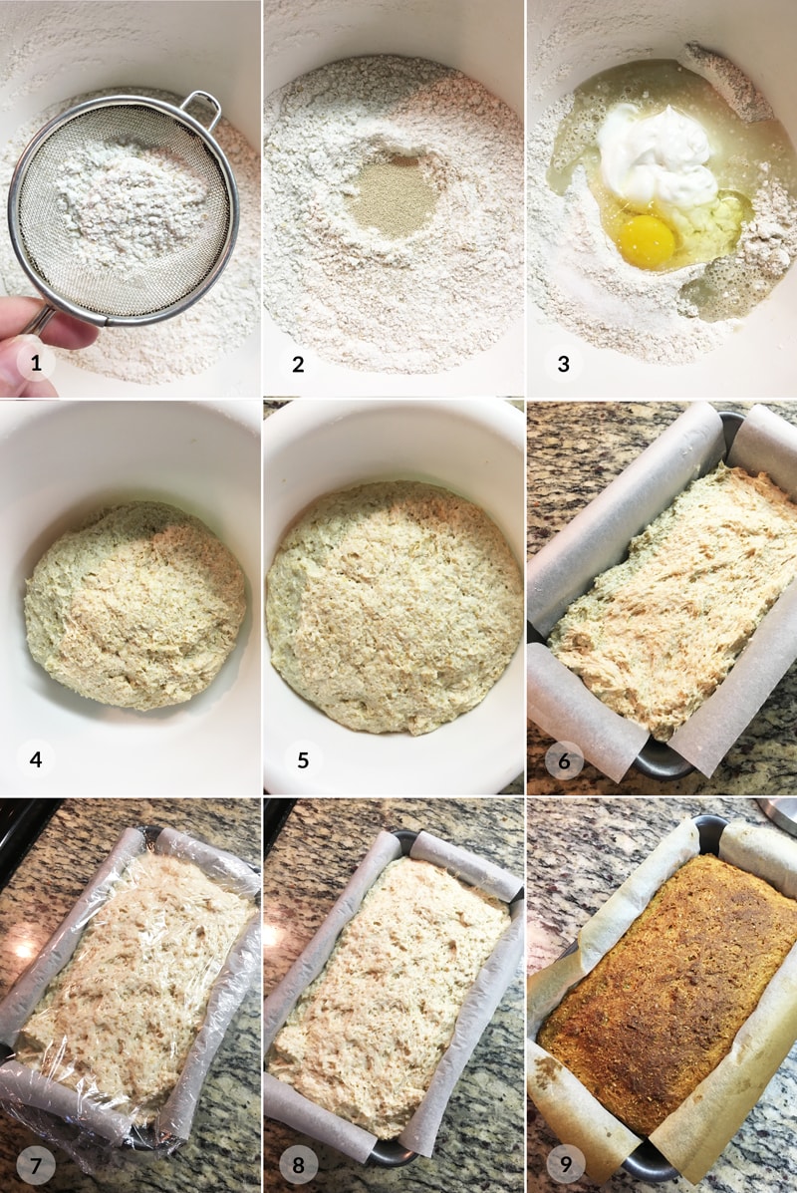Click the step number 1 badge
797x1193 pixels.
(36, 363)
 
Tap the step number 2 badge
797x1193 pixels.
(298, 364)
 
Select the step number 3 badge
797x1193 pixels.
(564, 364)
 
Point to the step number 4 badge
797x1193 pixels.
(36, 759)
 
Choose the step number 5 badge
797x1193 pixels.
(303, 759)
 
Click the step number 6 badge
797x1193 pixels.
(564, 760)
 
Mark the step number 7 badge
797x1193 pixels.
(36, 1165)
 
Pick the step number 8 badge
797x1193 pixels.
(298, 1165)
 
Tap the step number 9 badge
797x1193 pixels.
(565, 1164)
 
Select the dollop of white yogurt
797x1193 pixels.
(658, 156)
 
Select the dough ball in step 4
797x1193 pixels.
(135, 605)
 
